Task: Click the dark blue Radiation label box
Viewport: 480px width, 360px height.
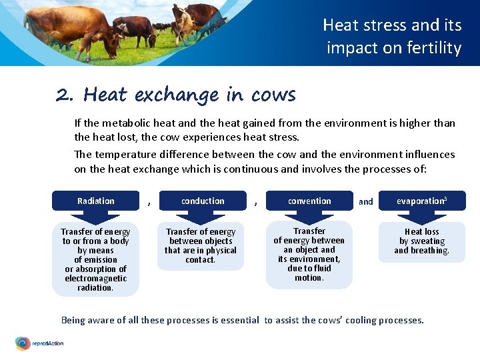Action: [95, 201]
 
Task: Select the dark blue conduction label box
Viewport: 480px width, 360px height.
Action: [203, 201]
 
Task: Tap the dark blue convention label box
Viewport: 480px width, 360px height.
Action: [309, 201]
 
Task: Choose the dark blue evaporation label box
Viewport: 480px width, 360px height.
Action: [421, 201]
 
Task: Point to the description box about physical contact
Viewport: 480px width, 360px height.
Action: [201, 246]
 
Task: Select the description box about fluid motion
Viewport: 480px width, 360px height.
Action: [309, 255]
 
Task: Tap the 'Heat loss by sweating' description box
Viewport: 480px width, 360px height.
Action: [421, 241]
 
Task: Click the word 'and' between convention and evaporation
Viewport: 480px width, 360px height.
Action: [366, 201]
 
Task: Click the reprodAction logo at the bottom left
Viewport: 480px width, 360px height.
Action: [40, 344]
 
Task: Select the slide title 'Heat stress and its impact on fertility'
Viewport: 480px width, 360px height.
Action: [392, 37]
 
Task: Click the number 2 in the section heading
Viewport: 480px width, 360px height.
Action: [64, 95]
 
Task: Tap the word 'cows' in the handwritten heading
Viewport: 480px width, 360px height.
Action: [273, 95]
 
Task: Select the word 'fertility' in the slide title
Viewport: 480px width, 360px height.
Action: [437, 48]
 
